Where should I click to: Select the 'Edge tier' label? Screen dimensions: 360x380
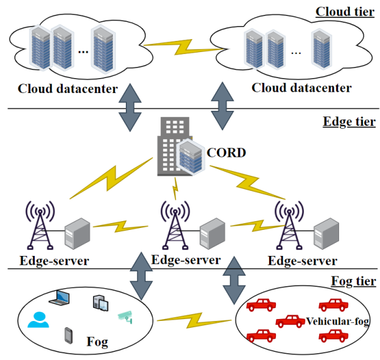coord(349,121)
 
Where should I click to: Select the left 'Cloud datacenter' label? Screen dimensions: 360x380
coord(68,89)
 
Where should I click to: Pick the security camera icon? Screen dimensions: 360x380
coord(126,317)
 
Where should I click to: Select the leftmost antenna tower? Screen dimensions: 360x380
coord(38,226)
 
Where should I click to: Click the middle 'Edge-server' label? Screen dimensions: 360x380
coord(186,260)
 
